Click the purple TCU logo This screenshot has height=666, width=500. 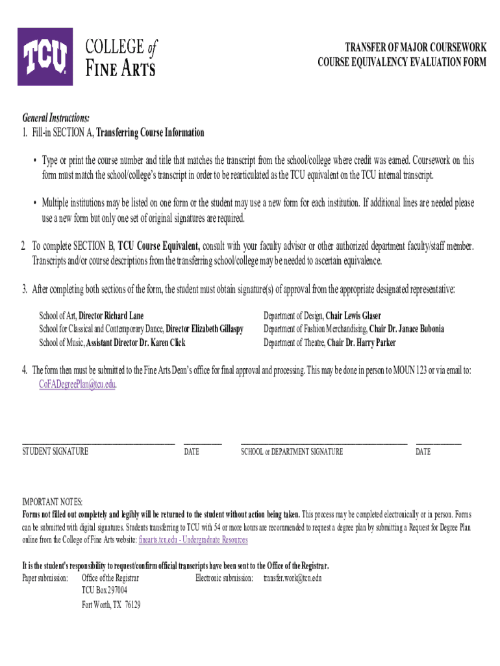click(45, 57)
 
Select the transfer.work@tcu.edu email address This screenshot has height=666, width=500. click(292, 578)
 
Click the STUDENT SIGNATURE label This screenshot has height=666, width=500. click(55, 451)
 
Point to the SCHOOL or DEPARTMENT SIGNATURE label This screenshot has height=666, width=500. click(292, 451)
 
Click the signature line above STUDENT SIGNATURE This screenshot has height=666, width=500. click(99, 442)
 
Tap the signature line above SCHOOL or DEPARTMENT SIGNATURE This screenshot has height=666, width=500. click(323, 442)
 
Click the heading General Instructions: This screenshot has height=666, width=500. click(56, 118)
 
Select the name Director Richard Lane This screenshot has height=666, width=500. click(111, 315)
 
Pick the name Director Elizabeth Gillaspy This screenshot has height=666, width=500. click(205, 329)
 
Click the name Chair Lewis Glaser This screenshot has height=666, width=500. click(353, 315)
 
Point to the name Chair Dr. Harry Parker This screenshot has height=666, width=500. click(361, 343)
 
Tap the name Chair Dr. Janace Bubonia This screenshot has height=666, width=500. click(407, 329)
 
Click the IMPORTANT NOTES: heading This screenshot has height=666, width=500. click(53, 503)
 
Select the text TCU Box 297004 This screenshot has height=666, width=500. click(105, 591)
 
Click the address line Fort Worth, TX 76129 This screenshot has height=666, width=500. click(111, 604)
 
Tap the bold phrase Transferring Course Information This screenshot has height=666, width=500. click(150, 133)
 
